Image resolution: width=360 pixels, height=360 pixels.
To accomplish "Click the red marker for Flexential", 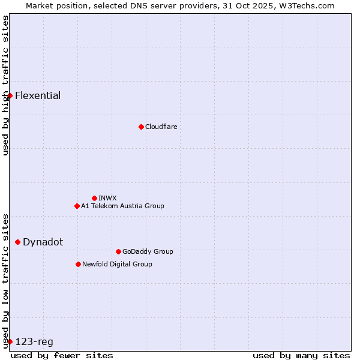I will [10, 95].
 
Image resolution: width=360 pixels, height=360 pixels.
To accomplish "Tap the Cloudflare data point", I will [141, 127].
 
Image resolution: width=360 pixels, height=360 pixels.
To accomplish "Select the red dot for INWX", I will [94, 198].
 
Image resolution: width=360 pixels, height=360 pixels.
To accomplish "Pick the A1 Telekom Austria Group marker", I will [77, 206].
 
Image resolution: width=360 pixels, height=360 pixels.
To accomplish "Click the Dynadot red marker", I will [17, 242].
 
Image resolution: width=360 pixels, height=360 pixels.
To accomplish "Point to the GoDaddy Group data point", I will [118, 251].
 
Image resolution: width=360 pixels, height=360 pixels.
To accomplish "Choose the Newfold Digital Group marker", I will [78, 264].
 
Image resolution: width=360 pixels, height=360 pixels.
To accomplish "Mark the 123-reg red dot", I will [10, 341].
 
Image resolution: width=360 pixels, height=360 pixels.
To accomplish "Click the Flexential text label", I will [38, 95].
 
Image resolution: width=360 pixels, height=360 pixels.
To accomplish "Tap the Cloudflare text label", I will [161, 127].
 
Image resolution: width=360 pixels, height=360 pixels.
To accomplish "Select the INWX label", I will [107, 198].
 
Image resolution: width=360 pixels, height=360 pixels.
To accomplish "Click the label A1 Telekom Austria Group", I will [122, 206].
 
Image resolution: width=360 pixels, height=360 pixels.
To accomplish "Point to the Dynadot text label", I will [43, 242].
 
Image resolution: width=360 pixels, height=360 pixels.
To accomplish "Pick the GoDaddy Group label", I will [148, 251].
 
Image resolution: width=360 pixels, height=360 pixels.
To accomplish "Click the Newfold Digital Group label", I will [117, 264].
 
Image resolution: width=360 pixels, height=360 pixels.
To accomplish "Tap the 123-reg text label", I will [34, 341].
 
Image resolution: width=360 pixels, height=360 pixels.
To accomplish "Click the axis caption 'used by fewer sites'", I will [62, 355].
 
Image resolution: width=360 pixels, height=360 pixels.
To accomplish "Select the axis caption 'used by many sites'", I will [301, 355].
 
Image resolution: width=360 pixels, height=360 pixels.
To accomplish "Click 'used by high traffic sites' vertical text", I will [5, 85].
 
